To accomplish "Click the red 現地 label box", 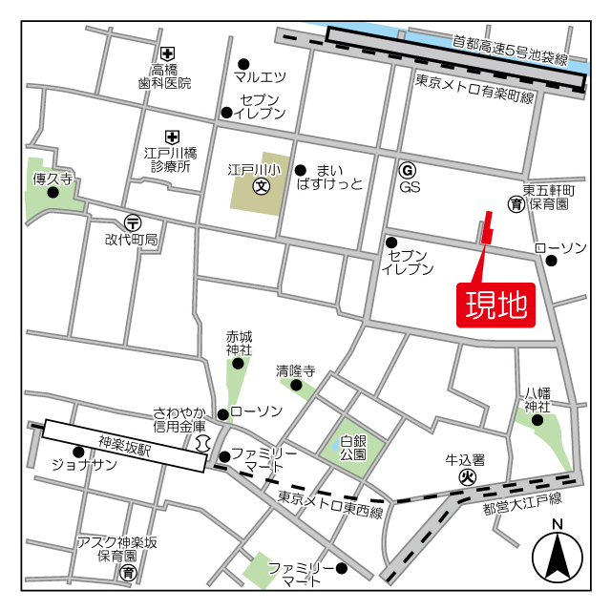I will coord(495,305).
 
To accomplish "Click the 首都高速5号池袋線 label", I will coord(509,52).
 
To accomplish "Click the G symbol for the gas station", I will coord(408,169).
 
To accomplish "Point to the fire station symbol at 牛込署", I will coord(468,476).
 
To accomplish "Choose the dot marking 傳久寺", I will coord(53,192).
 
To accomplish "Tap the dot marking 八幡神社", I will coord(537,419).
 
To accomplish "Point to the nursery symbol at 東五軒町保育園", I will coord(516,203).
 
